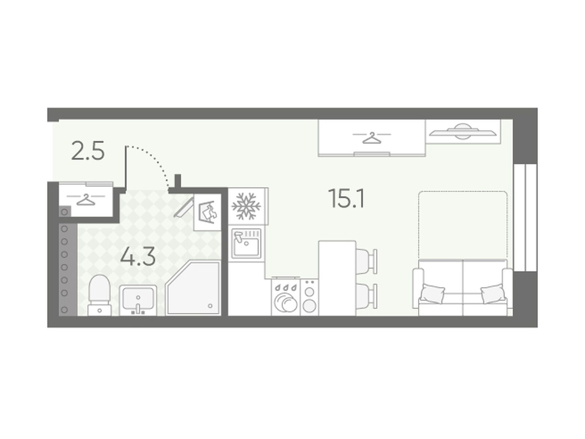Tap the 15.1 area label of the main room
pos(347,198)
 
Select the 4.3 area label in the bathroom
pos(137,257)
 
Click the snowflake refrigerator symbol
pos(246,206)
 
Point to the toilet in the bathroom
pos(99,295)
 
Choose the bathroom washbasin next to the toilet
pos(138,300)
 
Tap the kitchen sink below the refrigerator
pos(246,243)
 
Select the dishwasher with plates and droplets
pos(286,297)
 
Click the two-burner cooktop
pos(309,297)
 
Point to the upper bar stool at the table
pos(366,261)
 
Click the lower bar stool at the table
pos(366,296)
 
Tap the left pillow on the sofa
pos(432,294)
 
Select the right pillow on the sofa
pos(492,294)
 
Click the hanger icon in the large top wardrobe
pos(372,138)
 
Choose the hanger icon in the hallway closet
pos(86,199)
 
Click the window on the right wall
pos(525,218)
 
